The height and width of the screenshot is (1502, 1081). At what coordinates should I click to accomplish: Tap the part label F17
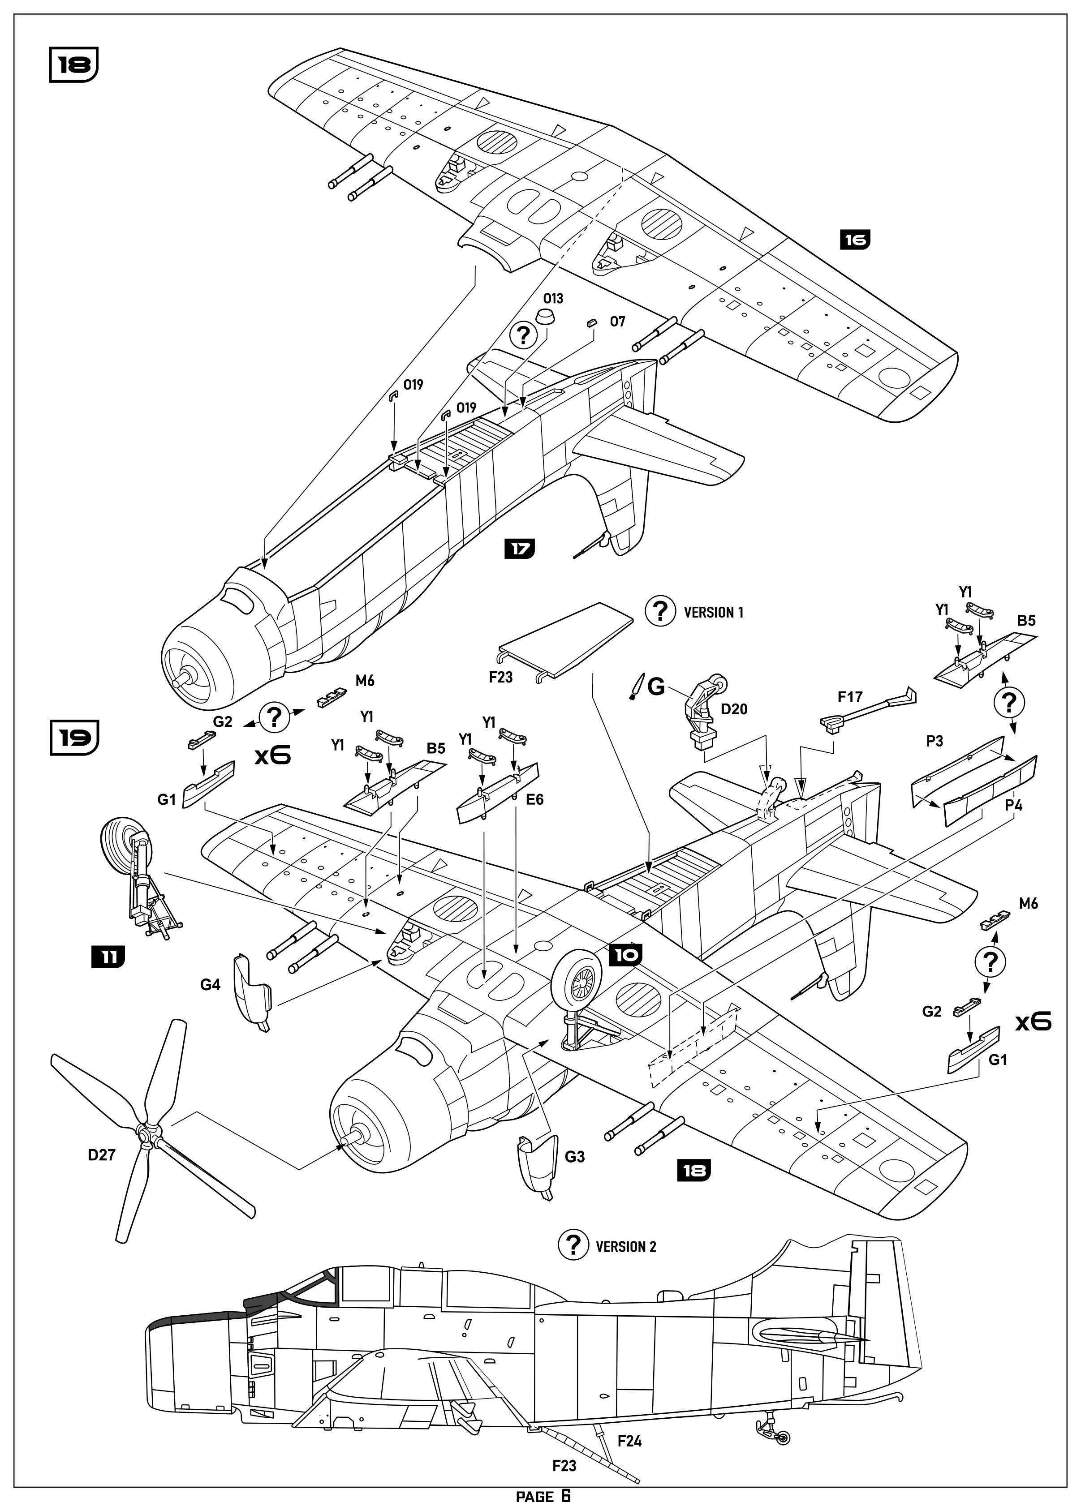[850, 697]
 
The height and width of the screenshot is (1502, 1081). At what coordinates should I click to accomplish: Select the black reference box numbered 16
[855, 240]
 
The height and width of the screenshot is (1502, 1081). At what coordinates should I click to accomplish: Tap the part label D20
[734, 709]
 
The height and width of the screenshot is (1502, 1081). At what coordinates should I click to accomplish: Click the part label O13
[553, 299]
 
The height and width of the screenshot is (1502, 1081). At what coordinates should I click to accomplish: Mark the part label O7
[617, 322]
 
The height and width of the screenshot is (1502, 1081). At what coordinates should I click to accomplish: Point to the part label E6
[534, 799]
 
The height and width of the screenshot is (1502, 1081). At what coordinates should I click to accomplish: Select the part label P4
[1013, 805]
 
